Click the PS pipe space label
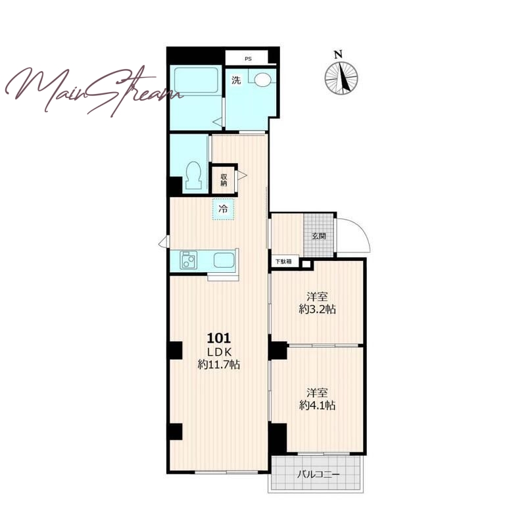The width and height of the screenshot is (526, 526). tap(248, 59)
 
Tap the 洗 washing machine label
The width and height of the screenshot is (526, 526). tap(237, 80)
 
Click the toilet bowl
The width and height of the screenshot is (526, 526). tap(193, 176)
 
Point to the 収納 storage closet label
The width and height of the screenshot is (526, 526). tap(224, 180)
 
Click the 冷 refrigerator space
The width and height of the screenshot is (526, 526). tap(223, 209)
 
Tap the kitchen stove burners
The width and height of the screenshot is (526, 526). tap(189, 260)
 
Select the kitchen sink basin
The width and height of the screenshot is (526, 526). tap(224, 260)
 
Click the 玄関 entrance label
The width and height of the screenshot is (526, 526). tap(319, 236)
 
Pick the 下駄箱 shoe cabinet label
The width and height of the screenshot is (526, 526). tap(283, 261)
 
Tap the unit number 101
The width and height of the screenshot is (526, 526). tap(219, 338)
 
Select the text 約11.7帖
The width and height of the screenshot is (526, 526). tap(219, 364)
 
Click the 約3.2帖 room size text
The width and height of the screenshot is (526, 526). tap(317, 309)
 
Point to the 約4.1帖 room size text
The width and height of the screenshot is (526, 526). tap(317, 406)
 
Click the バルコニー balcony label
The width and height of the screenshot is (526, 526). tap(318, 475)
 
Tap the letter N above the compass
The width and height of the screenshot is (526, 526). tap(338, 55)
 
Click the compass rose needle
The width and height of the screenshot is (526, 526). tap(344, 78)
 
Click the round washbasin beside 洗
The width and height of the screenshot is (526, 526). tap(262, 80)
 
